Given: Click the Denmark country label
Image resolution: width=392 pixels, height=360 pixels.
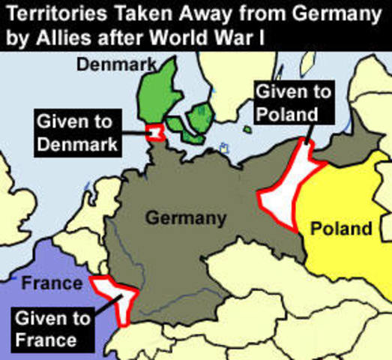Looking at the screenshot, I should tap(114, 67).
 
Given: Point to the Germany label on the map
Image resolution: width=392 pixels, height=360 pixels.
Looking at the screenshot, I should tap(185, 218).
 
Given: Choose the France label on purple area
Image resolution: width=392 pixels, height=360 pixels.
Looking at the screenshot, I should tap(51, 283).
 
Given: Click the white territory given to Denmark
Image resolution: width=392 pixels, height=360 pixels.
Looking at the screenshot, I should tap(156, 132).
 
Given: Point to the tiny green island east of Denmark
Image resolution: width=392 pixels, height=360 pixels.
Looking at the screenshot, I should tap(247, 129).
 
